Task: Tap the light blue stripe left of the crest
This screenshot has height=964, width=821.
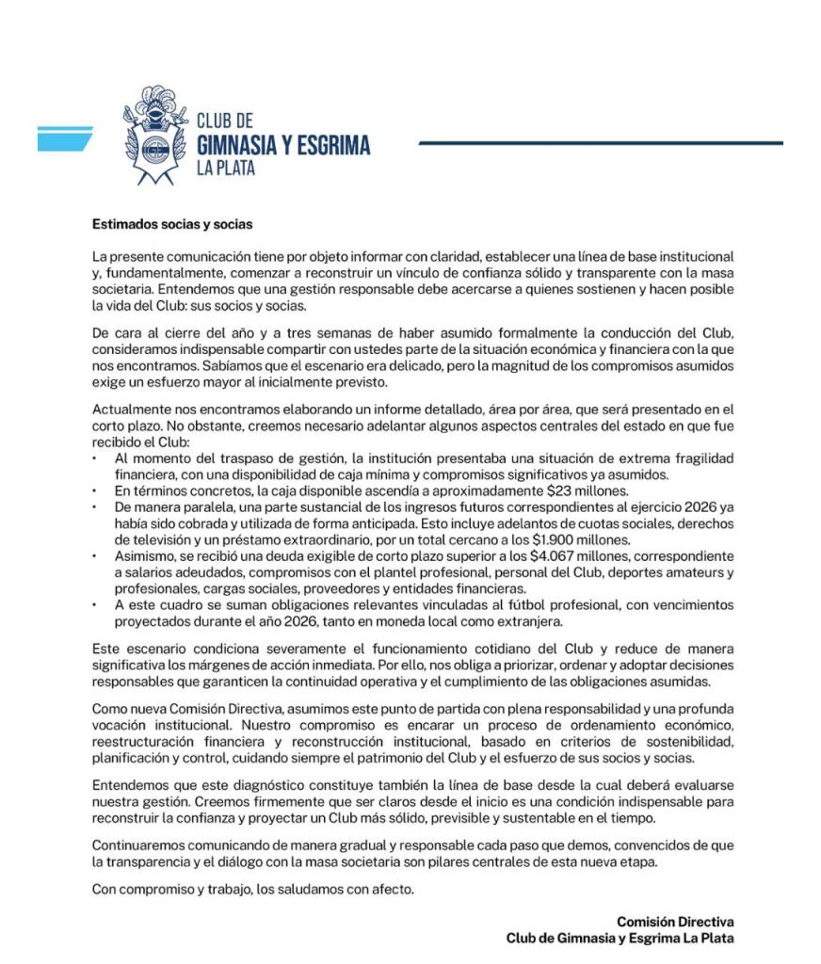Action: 64,138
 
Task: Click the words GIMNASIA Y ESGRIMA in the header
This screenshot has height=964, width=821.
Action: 283,144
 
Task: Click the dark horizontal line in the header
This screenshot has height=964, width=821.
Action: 600,143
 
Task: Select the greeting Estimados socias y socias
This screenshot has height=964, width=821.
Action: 172,225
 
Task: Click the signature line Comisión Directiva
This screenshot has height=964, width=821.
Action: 675,922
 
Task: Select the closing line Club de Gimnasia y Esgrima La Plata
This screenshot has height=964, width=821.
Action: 620,938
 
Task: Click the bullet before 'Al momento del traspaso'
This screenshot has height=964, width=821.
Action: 95,458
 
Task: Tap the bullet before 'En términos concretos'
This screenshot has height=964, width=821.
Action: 95,490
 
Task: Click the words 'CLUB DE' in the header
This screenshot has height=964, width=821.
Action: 225,121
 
